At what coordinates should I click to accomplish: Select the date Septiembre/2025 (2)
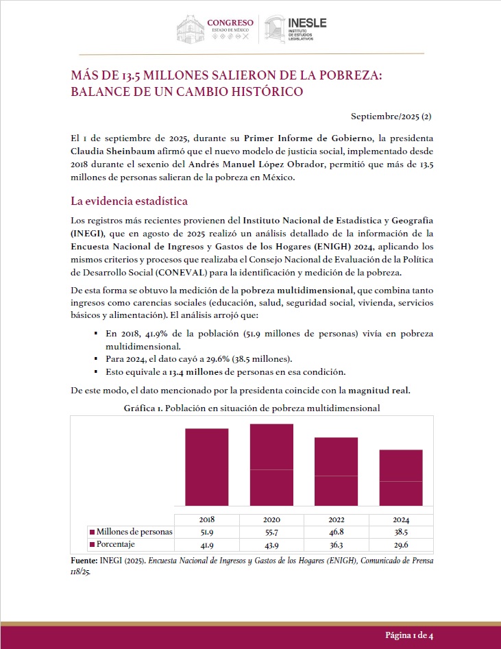click(391, 117)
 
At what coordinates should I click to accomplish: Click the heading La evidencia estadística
click(129, 201)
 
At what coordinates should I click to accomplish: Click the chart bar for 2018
click(206, 467)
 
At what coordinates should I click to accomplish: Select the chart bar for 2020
click(271, 465)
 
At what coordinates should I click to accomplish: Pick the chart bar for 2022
click(336, 472)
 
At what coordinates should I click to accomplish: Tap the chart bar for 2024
click(401, 478)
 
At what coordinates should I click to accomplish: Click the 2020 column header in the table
click(271, 519)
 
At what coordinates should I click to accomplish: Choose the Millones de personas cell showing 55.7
click(271, 532)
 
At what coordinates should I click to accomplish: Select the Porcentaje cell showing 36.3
click(336, 544)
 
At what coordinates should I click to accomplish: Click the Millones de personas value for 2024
click(401, 532)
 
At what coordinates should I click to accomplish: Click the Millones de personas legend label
click(134, 532)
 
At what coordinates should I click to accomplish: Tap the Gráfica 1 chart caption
click(252, 408)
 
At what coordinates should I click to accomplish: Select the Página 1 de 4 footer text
click(408, 635)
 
